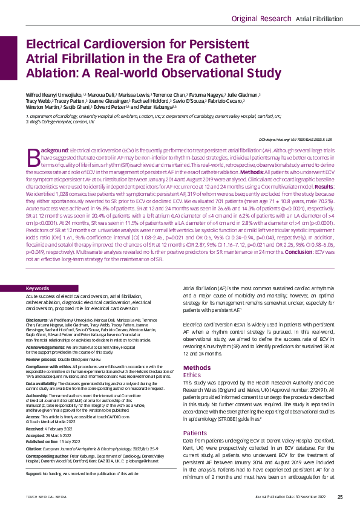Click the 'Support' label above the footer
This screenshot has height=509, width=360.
pyautogui.click(x=36, y=474)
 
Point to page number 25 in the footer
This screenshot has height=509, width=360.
pyautogui.click(x=340, y=497)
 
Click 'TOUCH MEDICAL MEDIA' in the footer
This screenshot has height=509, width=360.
pyautogui.click(x=41, y=498)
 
